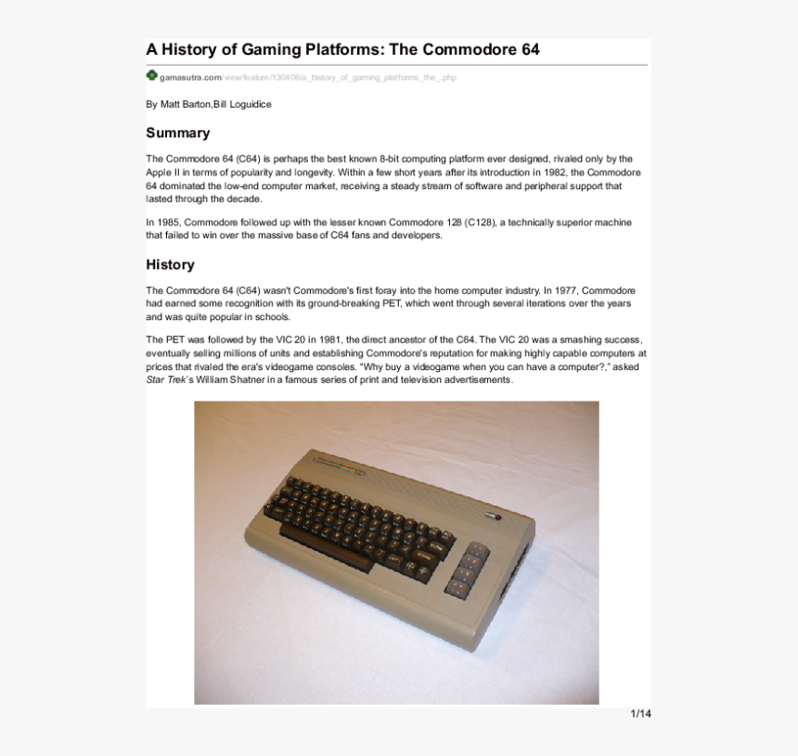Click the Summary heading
(x=177, y=133)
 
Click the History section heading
(x=170, y=264)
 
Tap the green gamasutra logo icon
(x=151, y=75)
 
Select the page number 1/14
(x=640, y=713)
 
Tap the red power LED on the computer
(x=497, y=516)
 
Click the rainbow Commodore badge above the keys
(x=341, y=467)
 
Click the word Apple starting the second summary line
(x=159, y=173)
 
